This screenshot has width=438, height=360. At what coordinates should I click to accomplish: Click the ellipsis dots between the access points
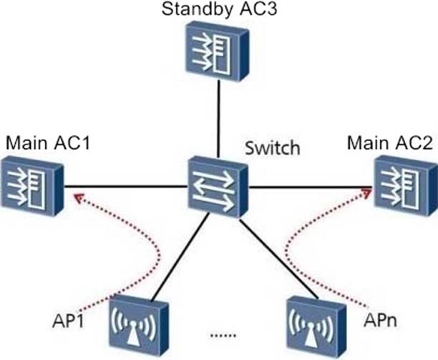click(x=225, y=336)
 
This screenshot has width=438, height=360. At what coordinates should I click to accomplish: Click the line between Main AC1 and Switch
click(x=129, y=188)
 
